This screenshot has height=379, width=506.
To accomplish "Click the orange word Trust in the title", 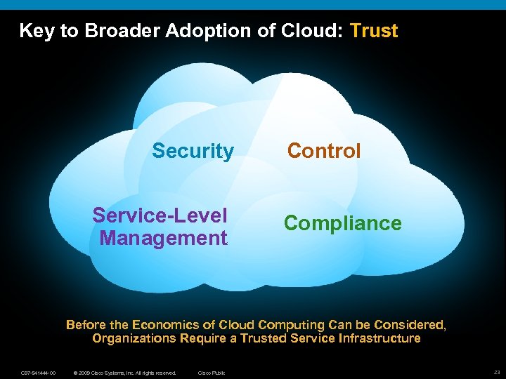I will (x=374, y=31).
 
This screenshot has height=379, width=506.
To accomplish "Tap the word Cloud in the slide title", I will (x=314, y=31).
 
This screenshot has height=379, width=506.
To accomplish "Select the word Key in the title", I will (x=36, y=31).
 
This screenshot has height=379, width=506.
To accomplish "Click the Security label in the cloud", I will (x=193, y=151).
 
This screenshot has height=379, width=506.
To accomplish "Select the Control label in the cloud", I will (x=324, y=151).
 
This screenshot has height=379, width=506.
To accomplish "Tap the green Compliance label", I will (x=343, y=223).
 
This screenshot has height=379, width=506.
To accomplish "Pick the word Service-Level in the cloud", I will (x=160, y=215).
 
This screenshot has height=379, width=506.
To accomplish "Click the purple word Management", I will (x=164, y=238).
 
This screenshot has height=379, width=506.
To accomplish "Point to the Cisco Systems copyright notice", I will (x=124, y=373).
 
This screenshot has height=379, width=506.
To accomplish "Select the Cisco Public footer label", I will (x=212, y=373).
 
